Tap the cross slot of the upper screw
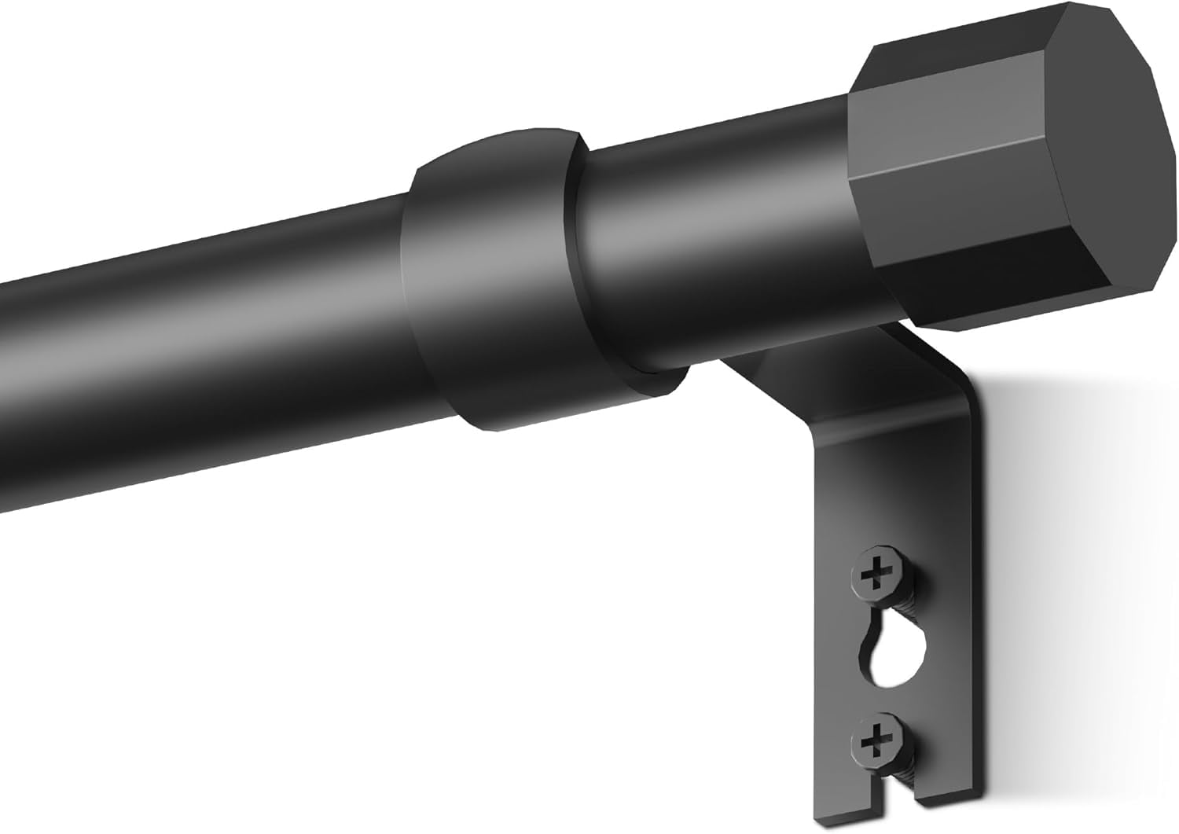pos(872,577)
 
